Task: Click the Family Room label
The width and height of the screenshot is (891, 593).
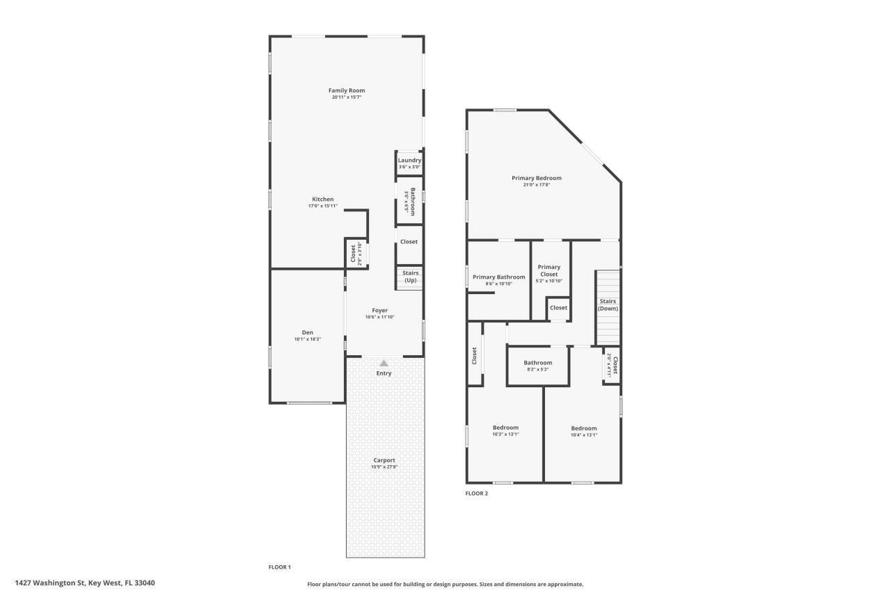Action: coord(347,90)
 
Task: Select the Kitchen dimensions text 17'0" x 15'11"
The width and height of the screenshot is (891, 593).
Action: coord(322,206)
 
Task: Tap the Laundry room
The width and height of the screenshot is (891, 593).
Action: coord(409,163)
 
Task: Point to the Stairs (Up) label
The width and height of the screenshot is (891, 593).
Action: coord(410,277)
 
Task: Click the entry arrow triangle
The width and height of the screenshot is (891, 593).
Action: coord(384,363)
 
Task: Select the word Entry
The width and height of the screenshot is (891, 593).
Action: coord(384,373)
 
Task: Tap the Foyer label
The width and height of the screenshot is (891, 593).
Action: coord(379,311)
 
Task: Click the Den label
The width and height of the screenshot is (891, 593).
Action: coord(308,332)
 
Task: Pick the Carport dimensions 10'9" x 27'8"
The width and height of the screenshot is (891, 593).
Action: coord(384,467)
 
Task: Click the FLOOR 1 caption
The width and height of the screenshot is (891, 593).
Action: coord(280,567)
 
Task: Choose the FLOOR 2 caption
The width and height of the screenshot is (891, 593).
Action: coord(477,494)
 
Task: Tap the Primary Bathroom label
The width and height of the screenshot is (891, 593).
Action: coord(498,277)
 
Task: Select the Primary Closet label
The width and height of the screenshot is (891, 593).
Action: coord(549,270)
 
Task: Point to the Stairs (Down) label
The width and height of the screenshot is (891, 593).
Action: coord(608,304)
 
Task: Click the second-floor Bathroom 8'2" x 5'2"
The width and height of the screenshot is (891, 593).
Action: coord(537,366)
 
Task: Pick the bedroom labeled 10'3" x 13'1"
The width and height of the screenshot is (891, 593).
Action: coord(505,431)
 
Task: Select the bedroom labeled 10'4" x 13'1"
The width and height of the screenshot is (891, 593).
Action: coord(583,431)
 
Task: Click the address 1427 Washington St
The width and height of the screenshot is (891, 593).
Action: coord(84,583)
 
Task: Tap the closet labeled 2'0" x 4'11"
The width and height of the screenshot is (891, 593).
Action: coord(611,365)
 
